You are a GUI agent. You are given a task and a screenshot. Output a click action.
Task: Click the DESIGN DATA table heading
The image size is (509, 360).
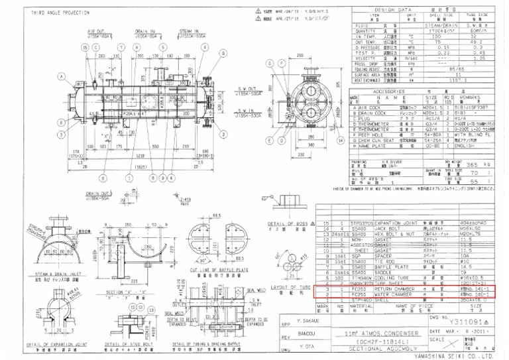(409, 11)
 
